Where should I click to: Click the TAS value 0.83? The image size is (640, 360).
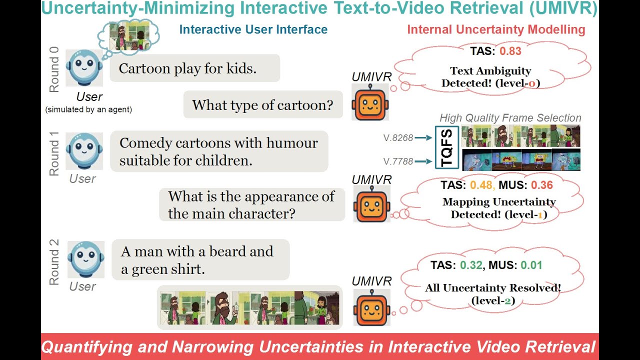click(x=510, y=51)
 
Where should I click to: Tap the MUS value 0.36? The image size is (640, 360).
click(x=542, y=185)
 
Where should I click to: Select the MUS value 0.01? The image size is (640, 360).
click(x=531, y=265)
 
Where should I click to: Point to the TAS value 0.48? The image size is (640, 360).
click(x=481, y=185)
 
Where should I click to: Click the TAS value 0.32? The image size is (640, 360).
click(x=471, y=265)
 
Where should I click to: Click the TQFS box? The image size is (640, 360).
click(x=447, y=147)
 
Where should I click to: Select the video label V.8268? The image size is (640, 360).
click(x=398, y=138)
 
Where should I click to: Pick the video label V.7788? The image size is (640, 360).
click(x=398, y=161)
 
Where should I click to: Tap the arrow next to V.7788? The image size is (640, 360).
click(x=423, y=161)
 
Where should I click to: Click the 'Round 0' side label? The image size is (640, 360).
click(x=54, y=69)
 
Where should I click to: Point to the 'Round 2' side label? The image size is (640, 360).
click(x=54, y=262)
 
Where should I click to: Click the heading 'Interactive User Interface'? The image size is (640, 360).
click(x=253, y=29)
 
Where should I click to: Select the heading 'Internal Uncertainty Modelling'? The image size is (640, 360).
click(x=496, y=29)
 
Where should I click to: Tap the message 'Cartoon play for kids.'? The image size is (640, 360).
click(x=187, y=68)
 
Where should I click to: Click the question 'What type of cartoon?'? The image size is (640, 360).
click(x=262, y=105)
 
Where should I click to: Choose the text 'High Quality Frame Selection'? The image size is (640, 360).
click(x=510, y=117)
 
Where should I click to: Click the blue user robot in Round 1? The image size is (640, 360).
click(x=84, y=151)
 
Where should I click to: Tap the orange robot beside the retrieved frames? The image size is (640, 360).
click(x=371, y=307)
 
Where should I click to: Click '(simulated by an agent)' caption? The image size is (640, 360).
click(x=88, y=109)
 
